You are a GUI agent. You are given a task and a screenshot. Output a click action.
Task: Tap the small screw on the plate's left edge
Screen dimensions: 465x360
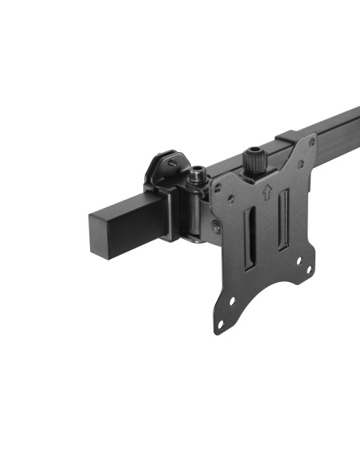click(216, 227)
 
